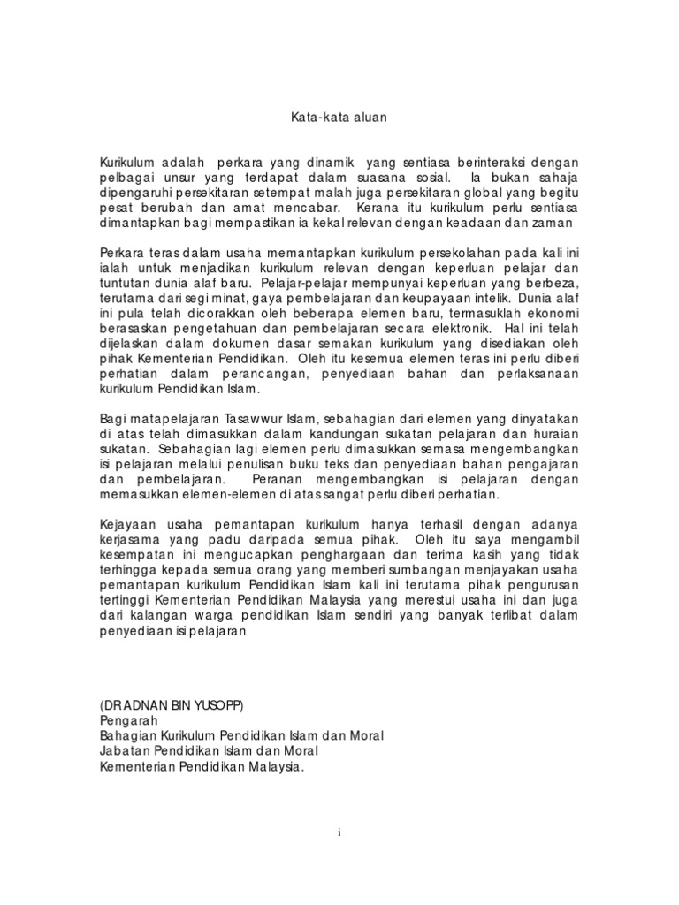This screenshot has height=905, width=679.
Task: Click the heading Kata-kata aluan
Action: pyautogui.click(x=339, y=116)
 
